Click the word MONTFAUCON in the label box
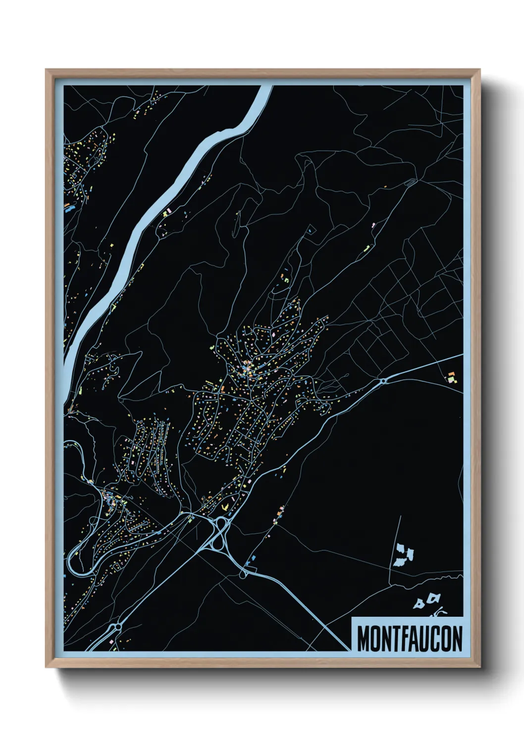pyautogui.click(x=409, y=639)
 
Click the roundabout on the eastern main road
pyautogui.click(x=383, y=381)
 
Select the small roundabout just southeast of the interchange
pyautogui.click(x=243, y=574)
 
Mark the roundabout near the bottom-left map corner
pyautogui.click(x=117, y=627)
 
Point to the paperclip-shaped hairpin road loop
pyautogui.click(x=411, y=183)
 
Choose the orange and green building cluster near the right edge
pyautogui.click(x=451, y=378)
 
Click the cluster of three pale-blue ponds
pyautogui.click(x=403, y=555)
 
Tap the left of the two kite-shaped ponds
pyautogui.click(x=419, y=603)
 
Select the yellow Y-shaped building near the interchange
pyautogui.click(x=225, y=506)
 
